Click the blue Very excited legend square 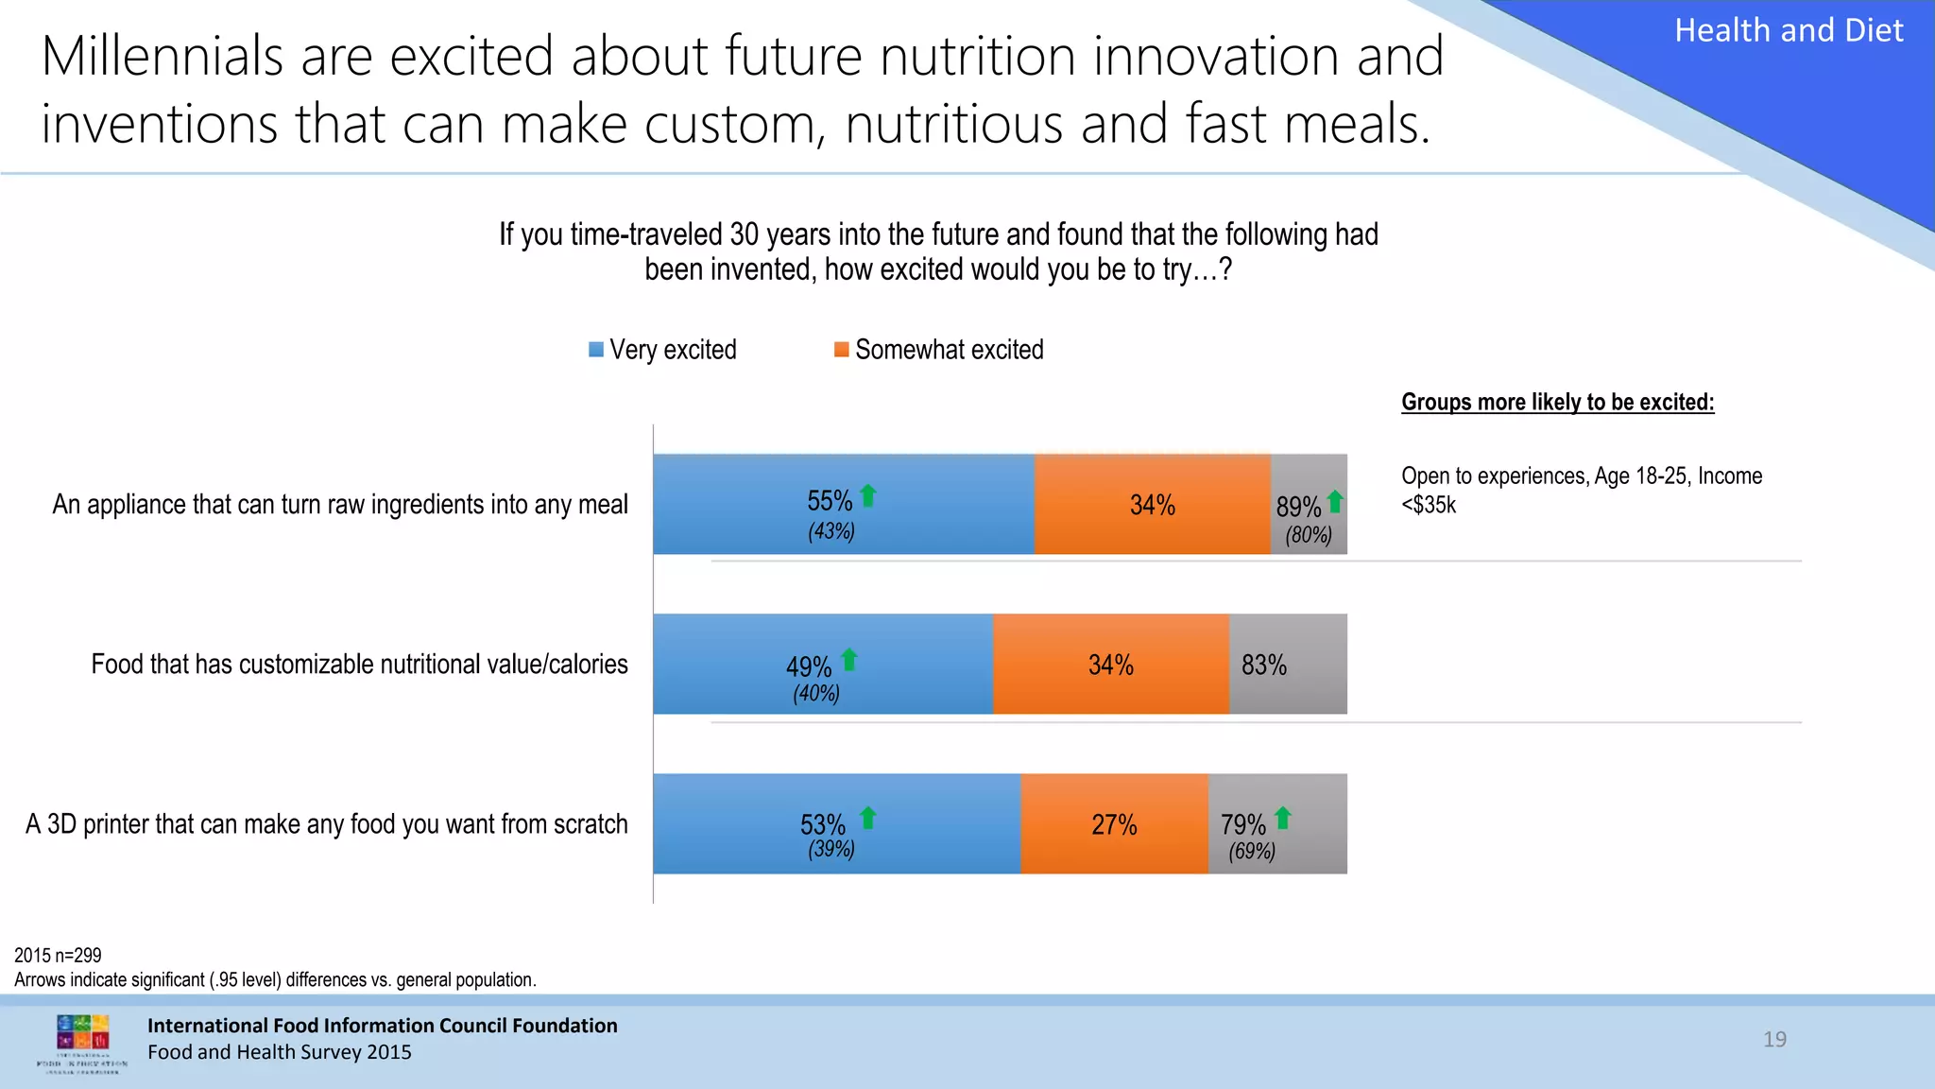coord(596,350)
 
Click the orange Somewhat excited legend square coord(841,350)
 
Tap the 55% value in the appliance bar coord(830,500)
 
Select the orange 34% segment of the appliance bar coord(1153,505)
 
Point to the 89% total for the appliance coord(1298,508)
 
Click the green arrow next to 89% coord(1335,501)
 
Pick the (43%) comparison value coord(831,531)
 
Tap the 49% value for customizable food coord(809,666)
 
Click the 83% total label coord(1264,665)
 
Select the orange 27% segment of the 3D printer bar coord(1114,824)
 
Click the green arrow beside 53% coord(868,818)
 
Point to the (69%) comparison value coord(1252,851)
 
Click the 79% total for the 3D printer coord(1242,824)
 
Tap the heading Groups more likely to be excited coord(1557,402)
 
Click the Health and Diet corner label coord(1789,31)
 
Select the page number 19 coord(1774,1039)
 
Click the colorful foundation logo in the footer coord(83,1036)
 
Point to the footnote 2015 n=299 coord(58,956)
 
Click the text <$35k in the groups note coord(1429,505)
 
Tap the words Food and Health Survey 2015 coord(280,1052)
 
